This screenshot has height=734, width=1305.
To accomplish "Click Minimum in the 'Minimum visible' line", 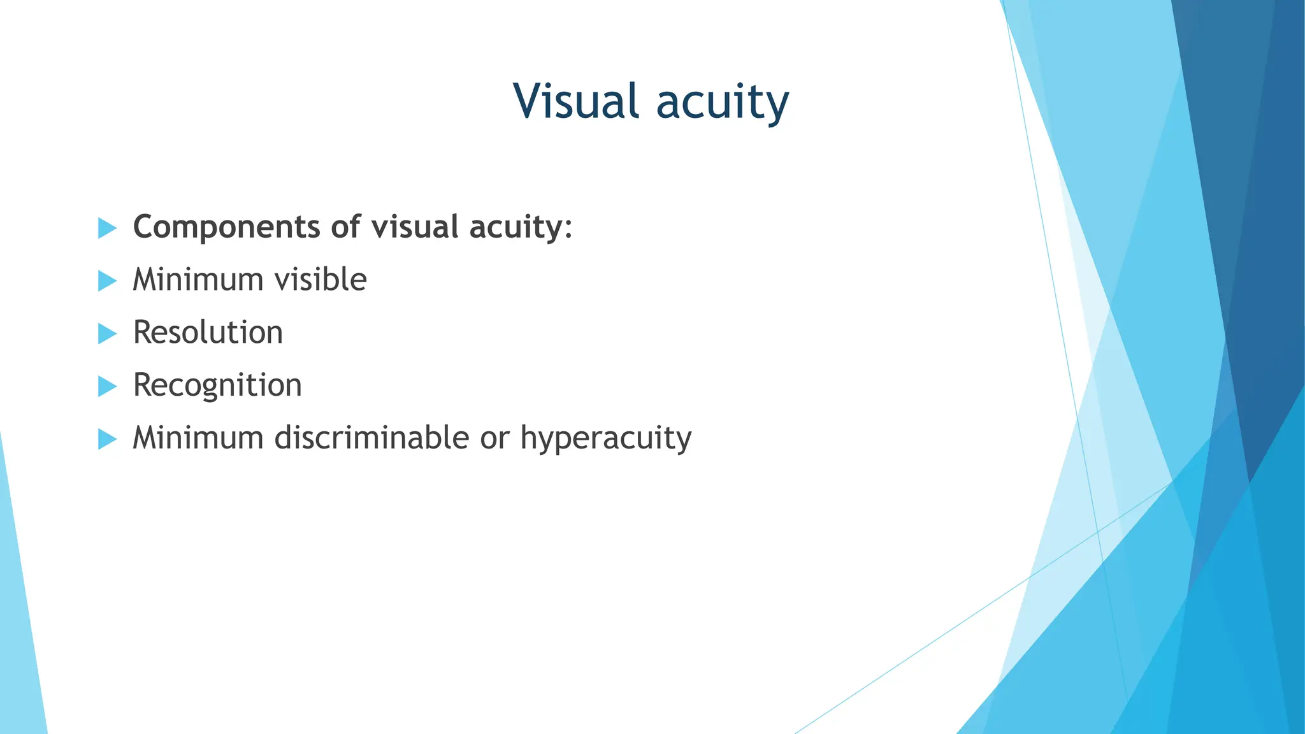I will click(x=198, y=280).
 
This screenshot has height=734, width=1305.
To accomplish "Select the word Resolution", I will click(x=208, y=333).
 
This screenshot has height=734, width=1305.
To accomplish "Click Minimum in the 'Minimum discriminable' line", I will click(x=198, y=438).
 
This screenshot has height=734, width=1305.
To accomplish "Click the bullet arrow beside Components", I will click(x=107, y=228).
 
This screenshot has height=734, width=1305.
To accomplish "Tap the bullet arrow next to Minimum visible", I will click(x=107, y=281).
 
